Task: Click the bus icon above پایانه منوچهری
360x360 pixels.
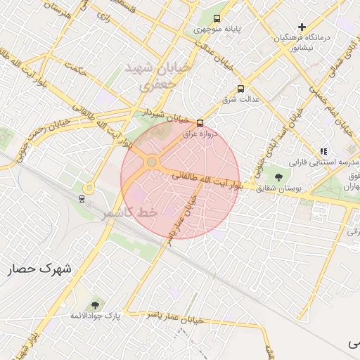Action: point(217,19)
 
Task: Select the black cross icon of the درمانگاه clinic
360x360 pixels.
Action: point(302,27)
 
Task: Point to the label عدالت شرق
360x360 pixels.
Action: point(241,100)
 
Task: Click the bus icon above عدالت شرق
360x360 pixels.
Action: point(241,89)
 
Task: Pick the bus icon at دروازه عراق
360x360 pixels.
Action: point(200,122)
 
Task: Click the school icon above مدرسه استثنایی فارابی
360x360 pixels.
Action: point(323,151)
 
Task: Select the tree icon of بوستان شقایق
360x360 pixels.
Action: point(279,177)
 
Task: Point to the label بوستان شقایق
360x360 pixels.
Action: point(279,188)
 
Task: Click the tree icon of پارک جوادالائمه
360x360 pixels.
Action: point(96,305)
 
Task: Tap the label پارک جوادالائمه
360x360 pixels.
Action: point(96,316)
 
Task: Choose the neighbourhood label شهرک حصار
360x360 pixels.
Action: point(41,269)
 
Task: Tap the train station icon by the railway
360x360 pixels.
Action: point(82,198)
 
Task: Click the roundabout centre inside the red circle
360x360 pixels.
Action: point(151,162)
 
